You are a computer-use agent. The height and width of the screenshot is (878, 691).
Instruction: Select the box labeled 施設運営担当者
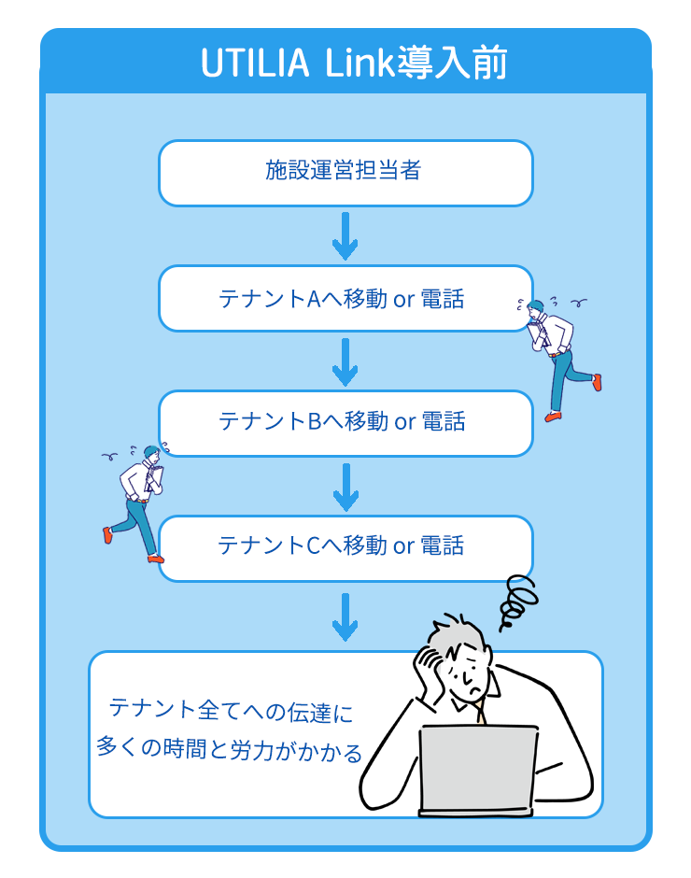[x=345, y=172]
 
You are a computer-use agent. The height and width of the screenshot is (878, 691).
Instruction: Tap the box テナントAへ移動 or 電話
[x=345, y=298]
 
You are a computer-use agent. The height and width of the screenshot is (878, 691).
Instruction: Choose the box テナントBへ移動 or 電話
[x=345, y=422]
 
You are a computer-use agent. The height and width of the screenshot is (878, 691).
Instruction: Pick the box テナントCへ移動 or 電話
[x=345, y=546]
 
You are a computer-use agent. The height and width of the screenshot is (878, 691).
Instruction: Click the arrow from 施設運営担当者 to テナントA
[x=345, y=235]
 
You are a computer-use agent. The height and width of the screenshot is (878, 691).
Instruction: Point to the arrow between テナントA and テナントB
[x=345, y=361]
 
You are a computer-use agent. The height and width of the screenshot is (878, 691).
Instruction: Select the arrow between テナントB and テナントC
[x=345, y=486]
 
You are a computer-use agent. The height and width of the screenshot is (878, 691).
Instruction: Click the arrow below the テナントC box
[x=345, y=616]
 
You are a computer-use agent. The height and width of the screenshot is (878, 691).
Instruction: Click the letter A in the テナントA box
[x=313, y=299]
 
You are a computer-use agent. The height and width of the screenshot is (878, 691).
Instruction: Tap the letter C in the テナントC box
[x=313, y=546]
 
